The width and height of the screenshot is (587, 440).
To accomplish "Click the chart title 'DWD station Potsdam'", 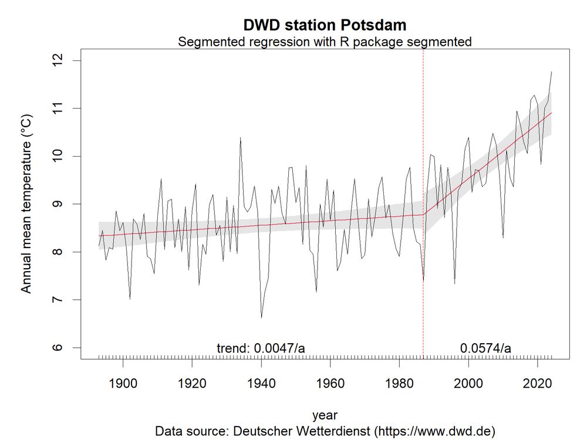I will point(325,25).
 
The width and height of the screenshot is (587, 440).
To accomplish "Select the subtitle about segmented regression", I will point(325,42).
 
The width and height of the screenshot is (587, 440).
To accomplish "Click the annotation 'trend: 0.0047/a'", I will point(261,348).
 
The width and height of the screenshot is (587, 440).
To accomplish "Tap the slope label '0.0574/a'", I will point(485,348).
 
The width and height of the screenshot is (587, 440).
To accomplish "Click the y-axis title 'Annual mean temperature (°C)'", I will point(26,204).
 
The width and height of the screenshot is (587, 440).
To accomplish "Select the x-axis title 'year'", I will point(325,415).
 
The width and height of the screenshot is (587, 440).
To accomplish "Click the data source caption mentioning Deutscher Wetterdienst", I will point(325,431).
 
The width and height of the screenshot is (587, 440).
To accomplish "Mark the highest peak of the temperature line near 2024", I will point(552,72).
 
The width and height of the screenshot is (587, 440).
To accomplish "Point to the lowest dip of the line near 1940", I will point(261,317).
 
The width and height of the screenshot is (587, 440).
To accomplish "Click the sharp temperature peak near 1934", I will point(240,138).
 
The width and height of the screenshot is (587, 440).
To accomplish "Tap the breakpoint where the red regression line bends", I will point(423,214).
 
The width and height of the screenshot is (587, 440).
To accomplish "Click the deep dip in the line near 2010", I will point(503,238).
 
